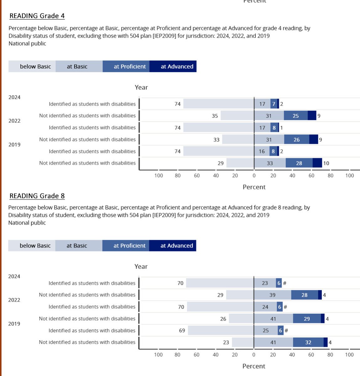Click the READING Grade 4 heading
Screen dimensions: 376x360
click(x=37, y=16)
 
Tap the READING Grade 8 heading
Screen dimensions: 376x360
click(x=37, y=196)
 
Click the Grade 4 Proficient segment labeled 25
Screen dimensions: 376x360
click(x=296, y=116)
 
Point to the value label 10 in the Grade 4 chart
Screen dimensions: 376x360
click(x=326, y=163)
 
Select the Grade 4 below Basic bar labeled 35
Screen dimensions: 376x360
click(x=237, y=116)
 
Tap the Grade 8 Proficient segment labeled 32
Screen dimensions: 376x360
click(x=308, y=342)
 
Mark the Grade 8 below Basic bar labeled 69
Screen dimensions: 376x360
click(x=221, y=330)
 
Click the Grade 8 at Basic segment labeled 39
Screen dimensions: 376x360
click(x=272, y=295)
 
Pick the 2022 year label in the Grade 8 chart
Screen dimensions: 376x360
click(x=14, y=300)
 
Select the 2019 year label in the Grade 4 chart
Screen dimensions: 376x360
click(x=14, y=144)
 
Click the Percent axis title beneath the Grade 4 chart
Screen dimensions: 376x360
click(x=254, y=187)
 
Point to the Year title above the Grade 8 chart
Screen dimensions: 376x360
click(x=141, y=267)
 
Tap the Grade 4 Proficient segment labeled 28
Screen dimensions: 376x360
click(x=299, y=163)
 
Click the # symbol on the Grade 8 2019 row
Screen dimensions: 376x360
click(x=286, y=330)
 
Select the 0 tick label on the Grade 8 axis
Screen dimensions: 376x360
click(x=254, y=355)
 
